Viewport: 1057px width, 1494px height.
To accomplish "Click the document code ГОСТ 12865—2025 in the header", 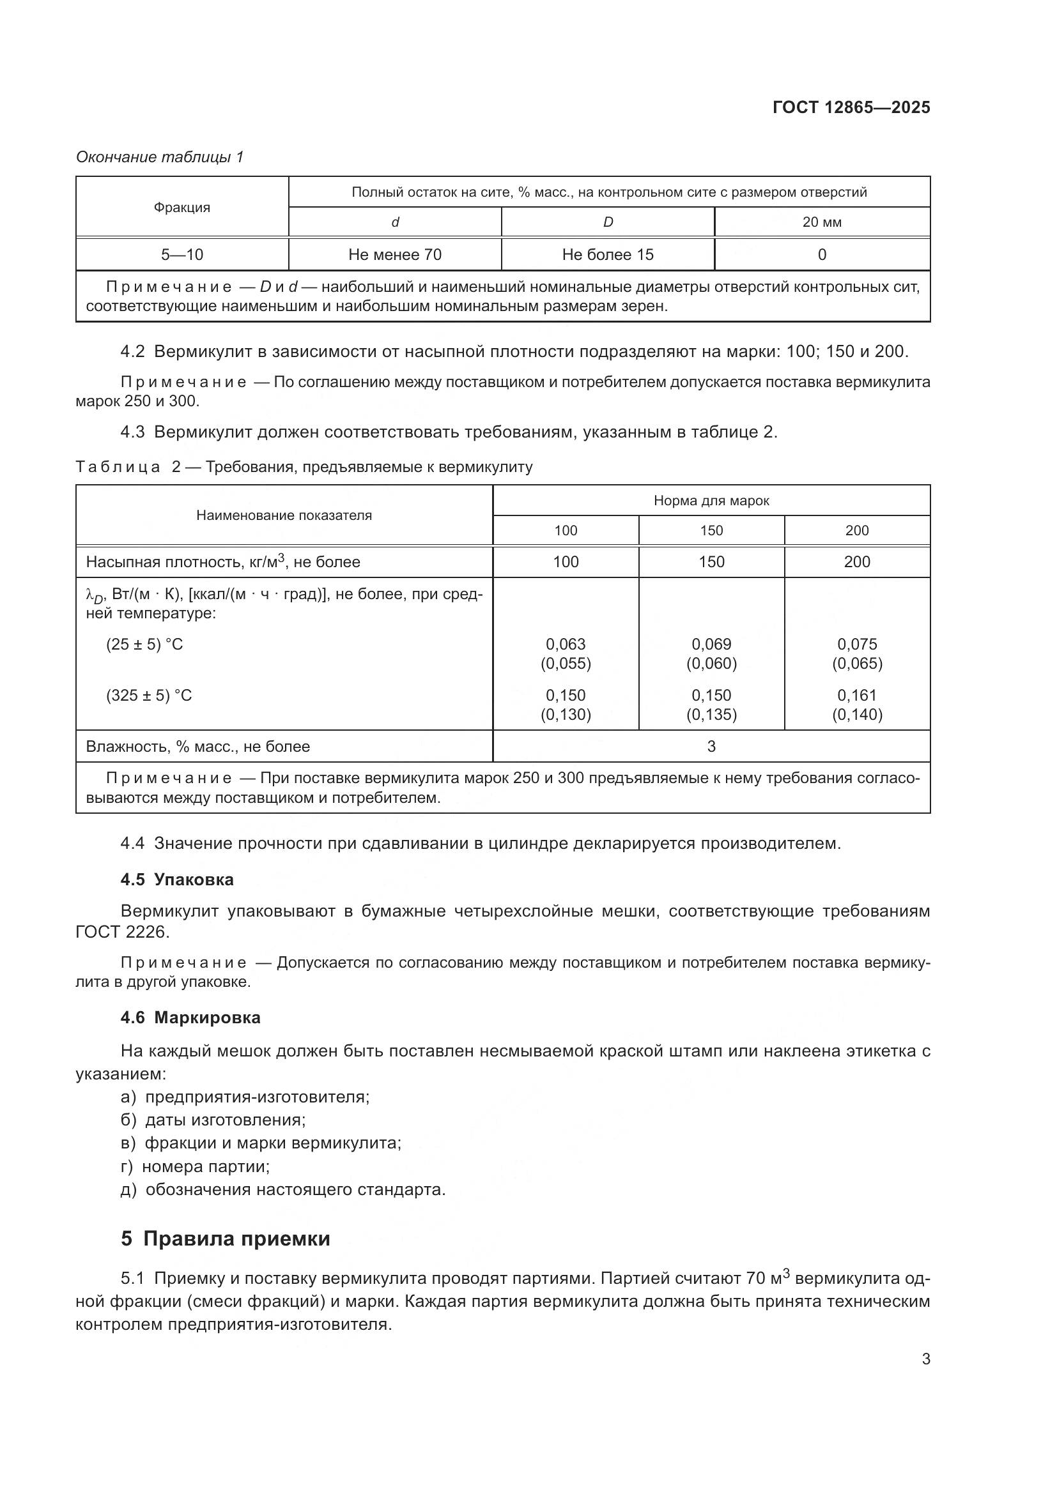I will pyautogui.click(x=851, y=107).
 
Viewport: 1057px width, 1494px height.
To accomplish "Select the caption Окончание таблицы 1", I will pyautogui.click(x=160, y=157).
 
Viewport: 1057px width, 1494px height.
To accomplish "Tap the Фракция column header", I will pyautogui.click(x=181, y=208).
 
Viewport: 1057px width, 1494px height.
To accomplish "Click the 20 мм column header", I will pyautogui.click(x=821, y=222).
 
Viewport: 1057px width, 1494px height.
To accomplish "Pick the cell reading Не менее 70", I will pyautogui.click(x=394, y=254).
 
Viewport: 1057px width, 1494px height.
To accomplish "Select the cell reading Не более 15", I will pyautogui.click(x=607, y=254).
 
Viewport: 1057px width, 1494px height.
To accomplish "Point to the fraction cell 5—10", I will pyautogui.click(x=181, y=254).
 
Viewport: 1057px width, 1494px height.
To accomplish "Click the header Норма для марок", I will pyautogui.click(x=711, y=500).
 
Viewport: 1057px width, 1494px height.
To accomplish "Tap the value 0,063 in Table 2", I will pyautogui.click(x=565, y=644).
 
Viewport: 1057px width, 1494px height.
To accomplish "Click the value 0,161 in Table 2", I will pyautogui.click(x=856, y=695).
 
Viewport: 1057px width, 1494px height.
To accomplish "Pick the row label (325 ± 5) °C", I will pyautogui.click(x=149, y=696).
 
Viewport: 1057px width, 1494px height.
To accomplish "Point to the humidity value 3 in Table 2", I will pyautogui.click(x=711, y=746).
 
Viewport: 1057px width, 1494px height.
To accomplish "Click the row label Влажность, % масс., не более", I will pyautogui.click(x=198, y=746).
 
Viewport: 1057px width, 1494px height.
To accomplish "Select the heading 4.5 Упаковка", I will pyautogui.click(x=176, y=880).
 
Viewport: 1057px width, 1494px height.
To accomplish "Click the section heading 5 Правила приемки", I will pyautogui.click(x=225, y=1239).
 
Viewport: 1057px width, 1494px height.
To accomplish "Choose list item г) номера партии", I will pyautogui.click(x=196, y=1166).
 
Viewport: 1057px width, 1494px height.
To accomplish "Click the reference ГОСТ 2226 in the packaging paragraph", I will pyautogui.click(x=121, y=932).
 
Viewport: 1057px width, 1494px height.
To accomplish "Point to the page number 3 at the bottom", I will pyautogui.click(x=925, y=1359).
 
